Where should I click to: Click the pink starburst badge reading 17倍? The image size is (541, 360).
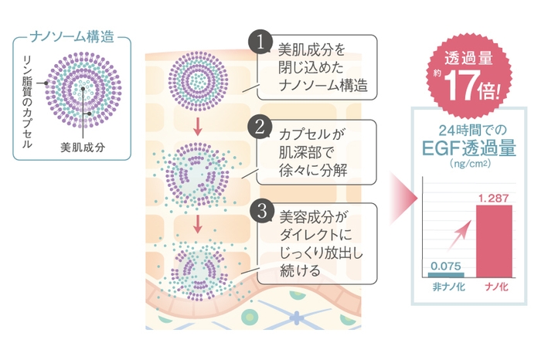[x=469, y=76]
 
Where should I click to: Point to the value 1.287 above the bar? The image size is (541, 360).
[x=492, y=199]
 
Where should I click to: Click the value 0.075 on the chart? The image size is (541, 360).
[x=446, y=263]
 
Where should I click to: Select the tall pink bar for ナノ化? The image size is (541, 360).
[x=493, y=241]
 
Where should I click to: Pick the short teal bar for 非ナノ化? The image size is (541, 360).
[x=447, y=273]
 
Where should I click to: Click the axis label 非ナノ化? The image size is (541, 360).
[x=447, y=288]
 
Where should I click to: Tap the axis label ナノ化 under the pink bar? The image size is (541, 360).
[x=493, y=288]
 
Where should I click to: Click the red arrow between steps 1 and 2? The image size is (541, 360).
[x=198, y=126]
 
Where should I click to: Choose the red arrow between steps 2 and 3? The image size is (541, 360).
[x=198, y=223]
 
